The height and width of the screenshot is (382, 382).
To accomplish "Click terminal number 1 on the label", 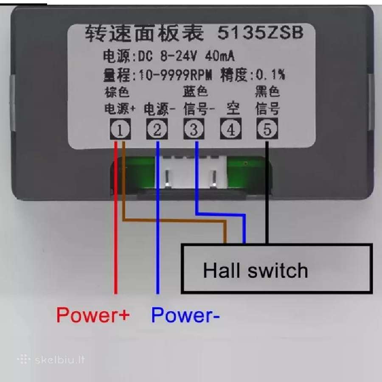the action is click(x=120, y=129).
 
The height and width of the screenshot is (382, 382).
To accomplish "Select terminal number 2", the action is click(x=157, y=129).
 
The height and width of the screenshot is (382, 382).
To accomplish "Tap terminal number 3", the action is click(x=194, y=129).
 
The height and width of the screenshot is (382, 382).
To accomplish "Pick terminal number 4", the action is click(x=231, y=129).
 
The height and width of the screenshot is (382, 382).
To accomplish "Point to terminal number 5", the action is click(x=267, y=129).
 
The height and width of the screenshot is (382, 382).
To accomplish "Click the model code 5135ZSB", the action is click(x=261, y=32).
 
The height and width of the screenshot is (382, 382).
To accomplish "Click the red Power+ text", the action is click(x=93, y=315).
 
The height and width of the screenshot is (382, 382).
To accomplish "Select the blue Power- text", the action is click(x=185, y=315).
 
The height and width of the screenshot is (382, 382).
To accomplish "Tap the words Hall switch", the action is click(x=256, y=270).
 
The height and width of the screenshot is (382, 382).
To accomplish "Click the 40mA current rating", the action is click(x=220, y=56).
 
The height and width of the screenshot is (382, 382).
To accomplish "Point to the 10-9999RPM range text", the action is click(x=175, y=75).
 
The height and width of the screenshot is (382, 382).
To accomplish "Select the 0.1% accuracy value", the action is click(x=270, y=75).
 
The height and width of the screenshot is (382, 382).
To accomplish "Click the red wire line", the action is click(x=116, y=218).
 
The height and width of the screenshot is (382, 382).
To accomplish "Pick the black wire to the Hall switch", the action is click(x=267, y=192).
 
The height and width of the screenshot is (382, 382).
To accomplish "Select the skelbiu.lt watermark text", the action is click(x=60, y=360).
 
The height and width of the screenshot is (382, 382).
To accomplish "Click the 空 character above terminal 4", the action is click(x=233, y=109).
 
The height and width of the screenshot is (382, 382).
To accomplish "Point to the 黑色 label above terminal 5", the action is click(x=267, y=91).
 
